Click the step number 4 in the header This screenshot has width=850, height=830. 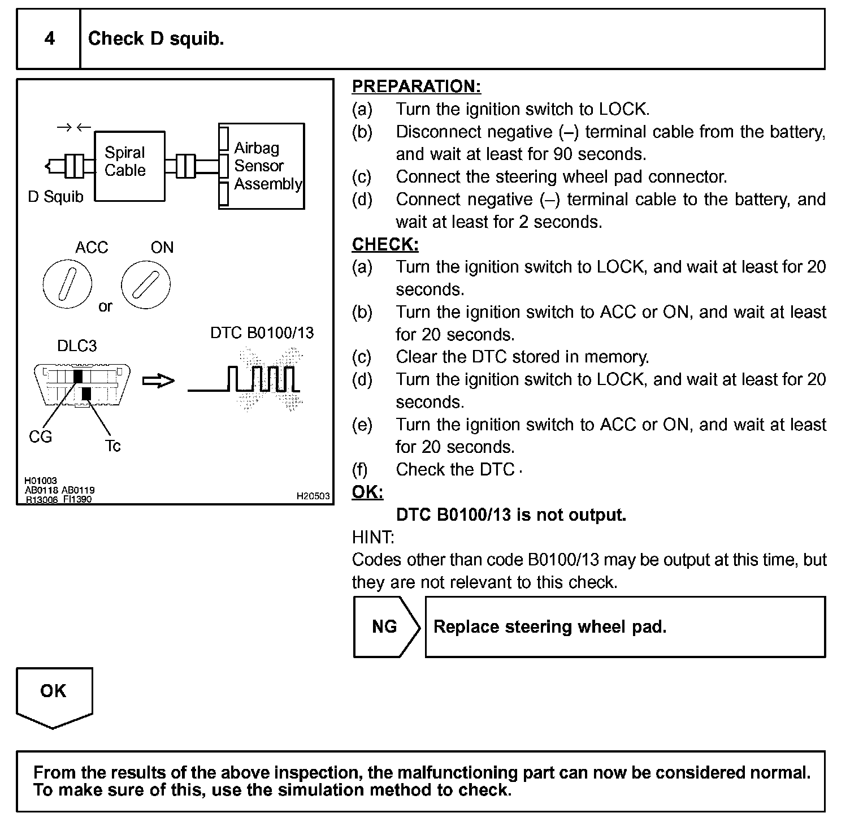pos(50,38)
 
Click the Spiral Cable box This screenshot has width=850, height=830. pos(129,166)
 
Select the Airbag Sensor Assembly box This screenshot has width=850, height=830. pos(262,166)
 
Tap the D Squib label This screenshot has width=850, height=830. pos(55,197)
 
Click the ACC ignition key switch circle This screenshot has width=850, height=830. pos(67,284)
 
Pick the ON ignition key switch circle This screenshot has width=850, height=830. pos(146,284)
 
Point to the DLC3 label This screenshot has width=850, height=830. pos(77,345)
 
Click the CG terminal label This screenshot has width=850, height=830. pos(40,436)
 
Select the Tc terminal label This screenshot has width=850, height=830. pos(113,446)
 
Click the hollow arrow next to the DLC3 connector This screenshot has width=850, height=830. pos(158,382)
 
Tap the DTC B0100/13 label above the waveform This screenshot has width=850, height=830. pos(262,332)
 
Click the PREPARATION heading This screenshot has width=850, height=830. pos(417,87)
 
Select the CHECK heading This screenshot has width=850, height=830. pos(385,244)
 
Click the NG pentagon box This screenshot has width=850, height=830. pos(386,626)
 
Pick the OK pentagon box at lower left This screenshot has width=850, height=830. pos(54,694)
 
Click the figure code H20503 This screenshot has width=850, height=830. pos(313,496)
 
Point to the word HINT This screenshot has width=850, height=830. pos(373,537)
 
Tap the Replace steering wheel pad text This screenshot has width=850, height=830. pos(550,626)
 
